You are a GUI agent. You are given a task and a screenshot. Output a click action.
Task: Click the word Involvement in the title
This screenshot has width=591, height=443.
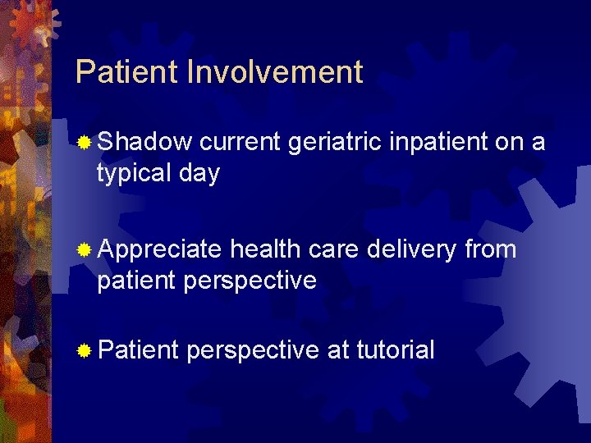coord(275,72)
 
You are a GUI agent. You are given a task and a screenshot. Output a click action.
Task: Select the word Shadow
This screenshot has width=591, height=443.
coord(144,142)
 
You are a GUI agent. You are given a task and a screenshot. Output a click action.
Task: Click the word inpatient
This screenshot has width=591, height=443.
coord(438,142)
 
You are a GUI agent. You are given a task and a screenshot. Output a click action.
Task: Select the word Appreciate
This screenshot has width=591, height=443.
coord(159,249)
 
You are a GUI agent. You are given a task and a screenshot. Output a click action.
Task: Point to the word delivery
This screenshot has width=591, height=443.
coord(410,248)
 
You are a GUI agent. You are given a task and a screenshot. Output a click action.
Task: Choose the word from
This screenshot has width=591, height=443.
coord(491,248)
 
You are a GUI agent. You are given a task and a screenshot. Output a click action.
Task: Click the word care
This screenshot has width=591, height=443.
coord(335,248)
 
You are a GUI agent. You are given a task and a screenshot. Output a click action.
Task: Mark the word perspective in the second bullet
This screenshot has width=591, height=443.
coord(250,281)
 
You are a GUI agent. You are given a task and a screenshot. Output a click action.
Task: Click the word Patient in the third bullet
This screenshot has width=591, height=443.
coord(137,350)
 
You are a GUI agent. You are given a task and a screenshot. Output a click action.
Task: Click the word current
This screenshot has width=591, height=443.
coord(241,142)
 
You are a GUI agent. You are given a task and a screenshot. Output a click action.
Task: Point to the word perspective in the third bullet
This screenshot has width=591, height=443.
coord(253,351)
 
